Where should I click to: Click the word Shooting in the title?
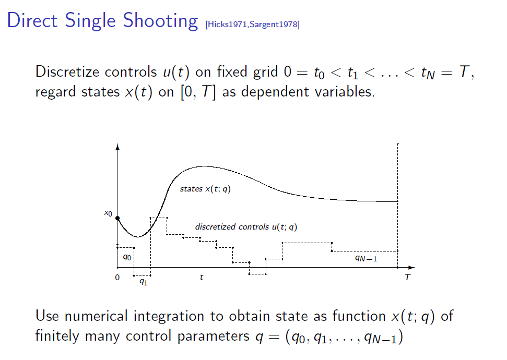(160, 21)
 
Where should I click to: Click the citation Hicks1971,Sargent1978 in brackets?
(253, 24)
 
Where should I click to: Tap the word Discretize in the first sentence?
(67, 71)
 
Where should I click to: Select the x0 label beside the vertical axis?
(108, 213)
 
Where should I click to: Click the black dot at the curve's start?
(117, 218)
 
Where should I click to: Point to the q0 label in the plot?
(127, 257)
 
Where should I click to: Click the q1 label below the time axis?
(143, 282)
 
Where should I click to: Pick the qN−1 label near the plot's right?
(365, 257)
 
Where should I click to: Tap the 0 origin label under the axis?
(117, 278)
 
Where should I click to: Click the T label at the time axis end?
(407, 278)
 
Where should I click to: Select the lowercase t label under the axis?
(202, 278)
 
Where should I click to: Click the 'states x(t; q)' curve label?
(205, 189)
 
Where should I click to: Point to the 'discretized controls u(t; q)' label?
(246, 227)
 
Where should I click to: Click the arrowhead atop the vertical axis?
(117, 147)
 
